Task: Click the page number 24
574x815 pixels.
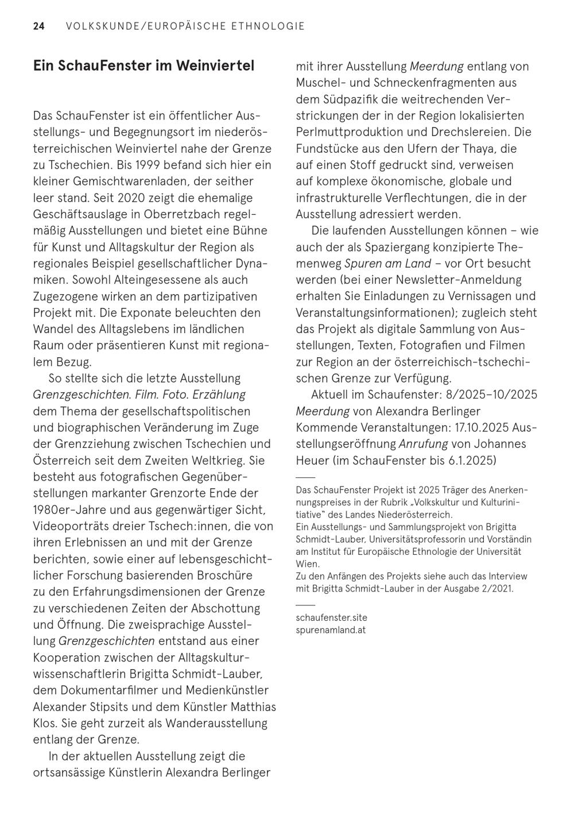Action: [x=38, y=26]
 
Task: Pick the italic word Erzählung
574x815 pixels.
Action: [x=220, y=395]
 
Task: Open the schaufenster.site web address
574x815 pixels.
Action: [x=331, y=617]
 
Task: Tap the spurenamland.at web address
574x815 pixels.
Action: [x=331, y=629]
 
